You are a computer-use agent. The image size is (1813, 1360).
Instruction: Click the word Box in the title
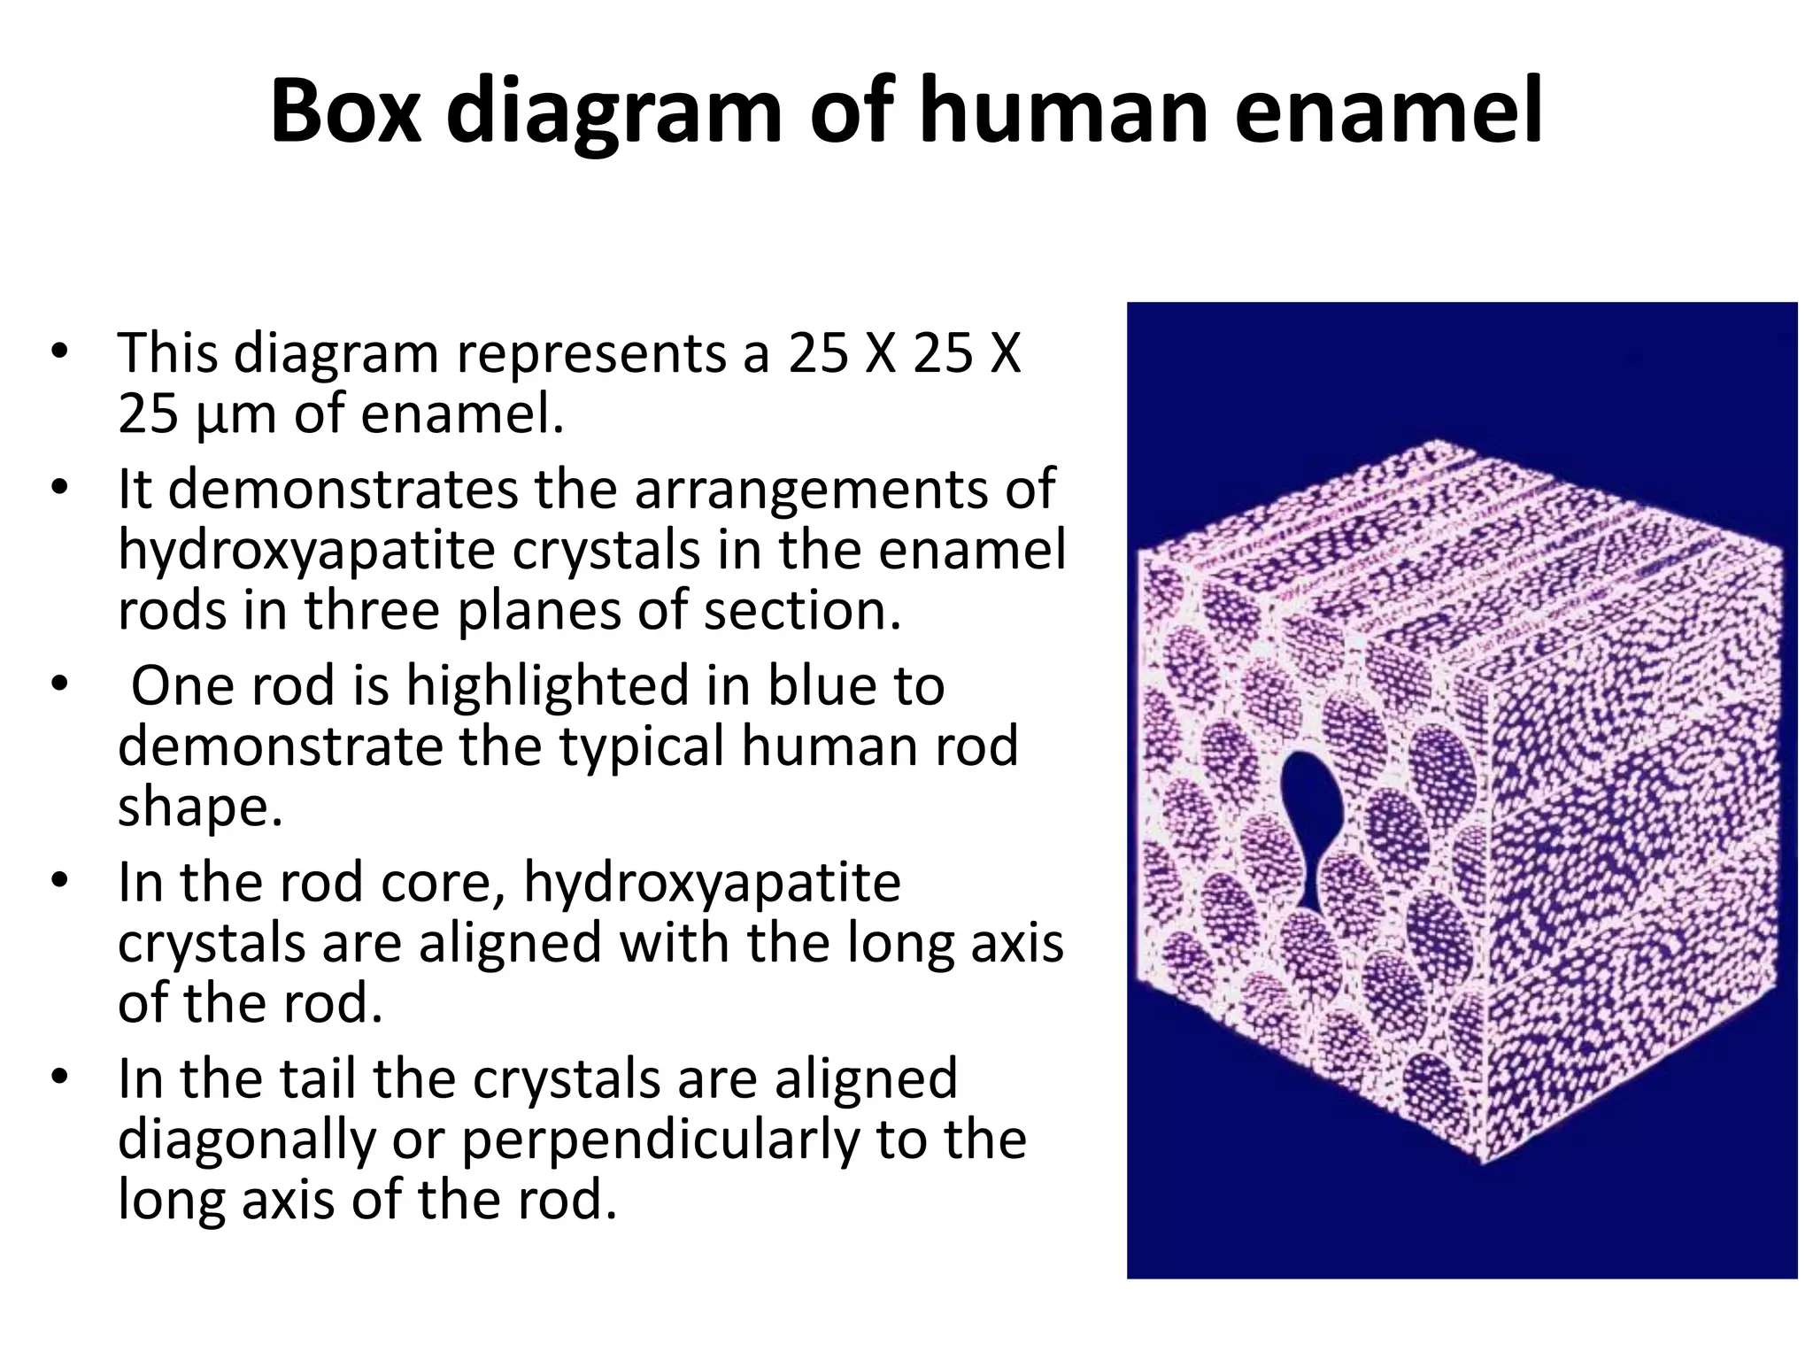tap(346, 112)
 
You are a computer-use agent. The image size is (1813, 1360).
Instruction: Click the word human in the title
tap(1062, 112)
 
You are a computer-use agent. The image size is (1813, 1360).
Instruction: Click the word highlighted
tap(548, 686)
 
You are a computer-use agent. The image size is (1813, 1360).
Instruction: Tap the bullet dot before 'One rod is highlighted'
tap(59, 686)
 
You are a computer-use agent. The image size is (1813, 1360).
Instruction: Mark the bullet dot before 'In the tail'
tap(59, 1078)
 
